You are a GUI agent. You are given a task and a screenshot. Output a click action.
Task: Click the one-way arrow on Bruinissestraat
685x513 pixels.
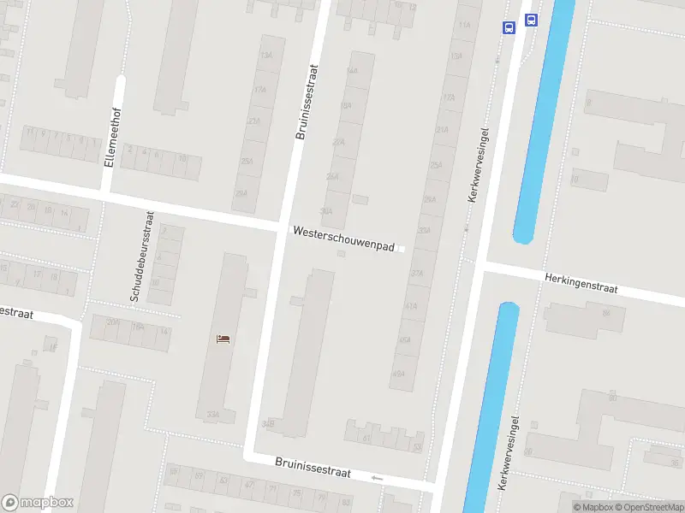pos(378,477)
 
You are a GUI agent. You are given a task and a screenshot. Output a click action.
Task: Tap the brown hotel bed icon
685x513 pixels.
pos(223,339)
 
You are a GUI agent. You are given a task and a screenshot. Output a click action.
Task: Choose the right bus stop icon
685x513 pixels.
pos(531,21)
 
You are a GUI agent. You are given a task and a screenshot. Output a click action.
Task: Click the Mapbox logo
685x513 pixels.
pos(37,503)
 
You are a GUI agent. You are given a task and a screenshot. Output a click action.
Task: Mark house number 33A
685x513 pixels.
pos(212,416)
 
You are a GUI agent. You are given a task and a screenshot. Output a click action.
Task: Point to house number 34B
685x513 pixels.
pos(269,423)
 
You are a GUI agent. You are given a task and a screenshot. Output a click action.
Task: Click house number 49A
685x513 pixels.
pos(398,374)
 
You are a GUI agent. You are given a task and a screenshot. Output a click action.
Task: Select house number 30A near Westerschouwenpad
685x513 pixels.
pos(325,210)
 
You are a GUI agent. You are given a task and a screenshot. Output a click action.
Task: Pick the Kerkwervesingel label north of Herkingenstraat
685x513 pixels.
pos(478,165)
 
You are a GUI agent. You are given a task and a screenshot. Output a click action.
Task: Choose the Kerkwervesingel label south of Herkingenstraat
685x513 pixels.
pos(509,453)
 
